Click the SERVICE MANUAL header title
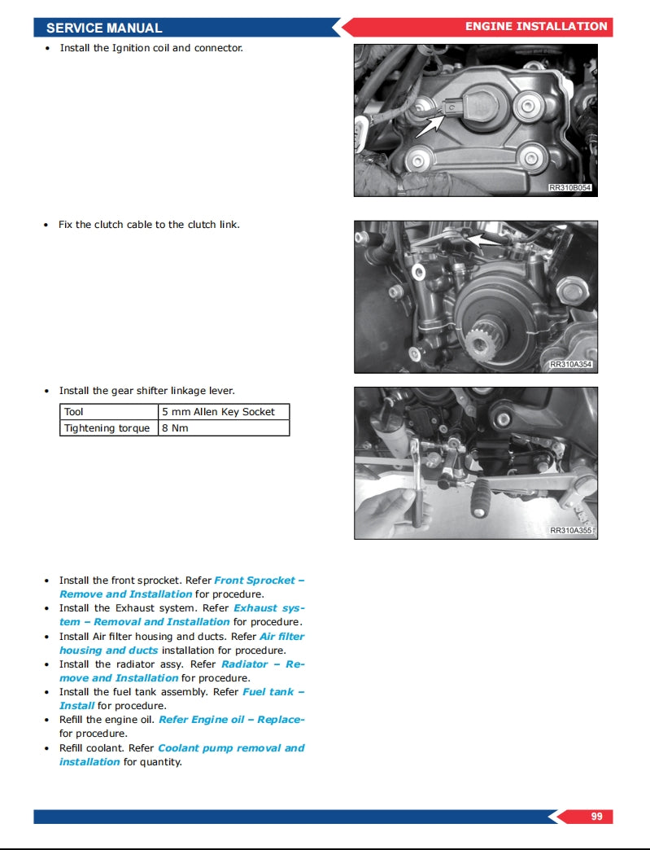tap(104, 28)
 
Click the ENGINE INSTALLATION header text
tap(535, 27)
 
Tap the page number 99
tap(596, 816)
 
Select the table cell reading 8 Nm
tap(223, 428)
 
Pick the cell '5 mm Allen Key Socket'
tap(223, 412)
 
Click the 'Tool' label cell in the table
tap(108, 412)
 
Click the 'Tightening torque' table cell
tap(108, 428)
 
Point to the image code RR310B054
tap(570, 188)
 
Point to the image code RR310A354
tap(570, 365)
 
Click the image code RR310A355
tap(570, 531)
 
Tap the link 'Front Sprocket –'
tap(259, 581)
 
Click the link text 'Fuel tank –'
tap(273, 692)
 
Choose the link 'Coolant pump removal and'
tap(231, 748)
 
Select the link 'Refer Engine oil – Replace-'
tap(231, 720)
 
